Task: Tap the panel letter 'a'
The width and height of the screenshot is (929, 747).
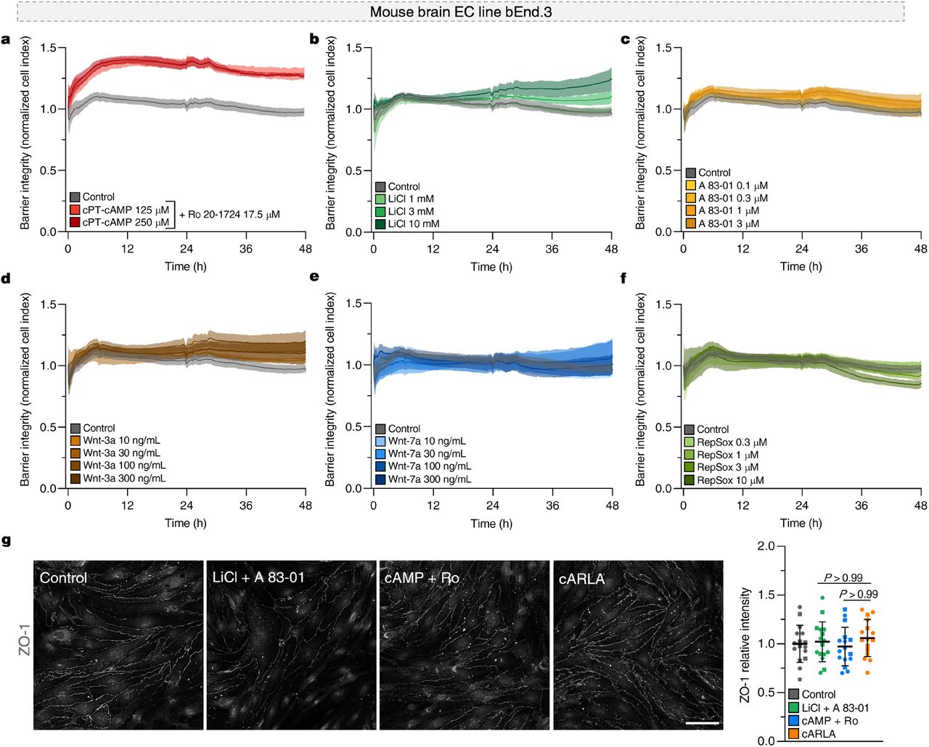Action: tap(6, 39)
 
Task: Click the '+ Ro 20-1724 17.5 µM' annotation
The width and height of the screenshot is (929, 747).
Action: tap(229, 215)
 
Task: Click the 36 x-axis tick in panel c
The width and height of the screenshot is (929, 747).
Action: tap(861, 249)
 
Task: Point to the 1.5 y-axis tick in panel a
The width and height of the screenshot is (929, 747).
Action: tap(48, 48)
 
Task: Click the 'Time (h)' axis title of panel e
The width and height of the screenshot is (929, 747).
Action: tap(491, 524)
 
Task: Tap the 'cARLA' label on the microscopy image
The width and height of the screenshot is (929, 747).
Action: tap(581, 579)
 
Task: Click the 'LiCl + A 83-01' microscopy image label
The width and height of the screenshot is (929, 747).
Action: tap(258, 578)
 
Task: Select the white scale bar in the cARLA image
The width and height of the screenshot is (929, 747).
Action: tap(702, 722)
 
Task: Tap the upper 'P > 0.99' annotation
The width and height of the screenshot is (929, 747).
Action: tap(843, 578)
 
